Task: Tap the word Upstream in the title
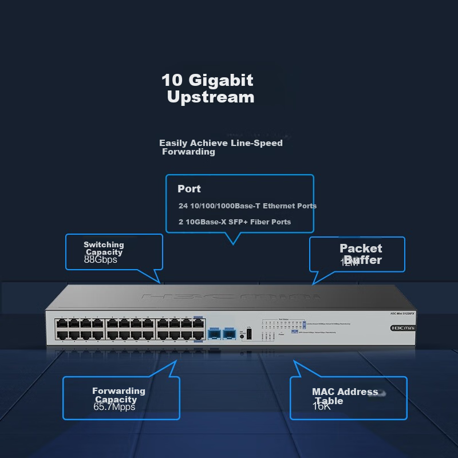click(210, 97)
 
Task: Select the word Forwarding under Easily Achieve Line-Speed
click(188, 152)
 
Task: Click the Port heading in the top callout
click(189, 189)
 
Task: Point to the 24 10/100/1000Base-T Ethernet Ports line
click(247, 206)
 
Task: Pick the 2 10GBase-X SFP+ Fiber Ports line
click(235, 222)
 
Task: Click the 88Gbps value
click(100, 259)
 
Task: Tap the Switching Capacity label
click(104, 248)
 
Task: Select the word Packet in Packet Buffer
click(361, 248)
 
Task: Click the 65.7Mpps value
click(114, 407)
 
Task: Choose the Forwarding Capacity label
click(119, 395)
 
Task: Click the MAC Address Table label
click(345, 396)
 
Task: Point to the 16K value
click(322, 406)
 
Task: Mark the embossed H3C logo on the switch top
click(229, 298)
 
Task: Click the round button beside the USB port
click(242, 336)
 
